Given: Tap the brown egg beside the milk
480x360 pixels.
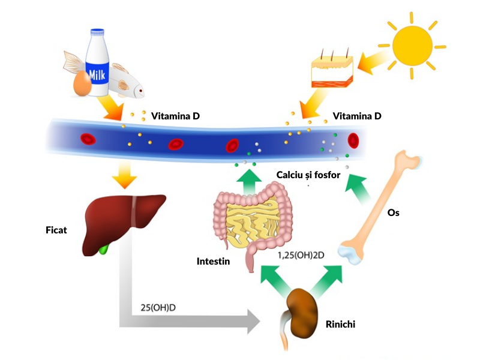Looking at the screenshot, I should [82, 85].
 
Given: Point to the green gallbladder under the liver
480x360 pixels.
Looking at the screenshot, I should [106, 248].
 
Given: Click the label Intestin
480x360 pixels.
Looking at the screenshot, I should [213, 262].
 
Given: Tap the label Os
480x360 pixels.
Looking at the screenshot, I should [393, 213].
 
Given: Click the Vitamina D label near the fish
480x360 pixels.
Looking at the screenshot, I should [175, 116].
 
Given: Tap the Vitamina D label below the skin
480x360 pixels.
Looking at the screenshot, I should [356, 116].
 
